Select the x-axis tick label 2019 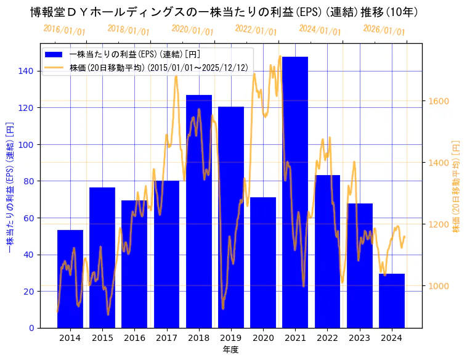click(231, 338)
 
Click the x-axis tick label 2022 click(327, 338)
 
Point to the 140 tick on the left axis click(26, 71)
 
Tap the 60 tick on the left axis click(28, 218)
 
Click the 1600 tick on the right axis click(439, 101)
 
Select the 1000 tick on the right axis click(439, 286)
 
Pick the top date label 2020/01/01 click(192, 30)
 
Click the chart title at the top click(225, 12)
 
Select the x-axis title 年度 click(230, 350)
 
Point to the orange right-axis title click(457, 186)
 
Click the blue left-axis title click(10, 186)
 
